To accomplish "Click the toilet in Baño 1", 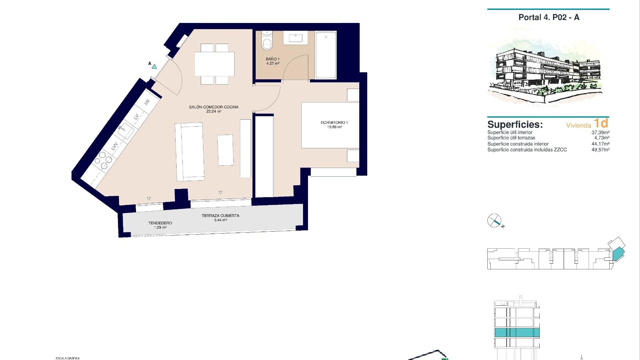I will point(267,42).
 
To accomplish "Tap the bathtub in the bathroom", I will point(326,55).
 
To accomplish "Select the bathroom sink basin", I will point(295,38).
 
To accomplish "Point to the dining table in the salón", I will point(214,64).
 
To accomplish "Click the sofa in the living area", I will point(190,152).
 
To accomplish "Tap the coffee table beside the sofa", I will point(225,150).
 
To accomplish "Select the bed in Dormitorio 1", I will point(330,125).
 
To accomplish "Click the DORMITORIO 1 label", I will point(334,123).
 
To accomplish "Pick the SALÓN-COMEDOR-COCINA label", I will point(214,107).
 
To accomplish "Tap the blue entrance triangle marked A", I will point(154,66).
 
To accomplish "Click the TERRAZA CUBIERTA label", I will point(220,216).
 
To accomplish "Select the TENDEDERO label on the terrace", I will point(160,223).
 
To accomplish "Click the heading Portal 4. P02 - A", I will point(549,17).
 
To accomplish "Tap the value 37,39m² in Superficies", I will point(600,132).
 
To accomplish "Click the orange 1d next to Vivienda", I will point(601,123).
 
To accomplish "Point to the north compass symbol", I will point(495,221).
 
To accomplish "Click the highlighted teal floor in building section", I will point(517,332).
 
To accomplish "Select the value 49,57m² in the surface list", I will point(600,150).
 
